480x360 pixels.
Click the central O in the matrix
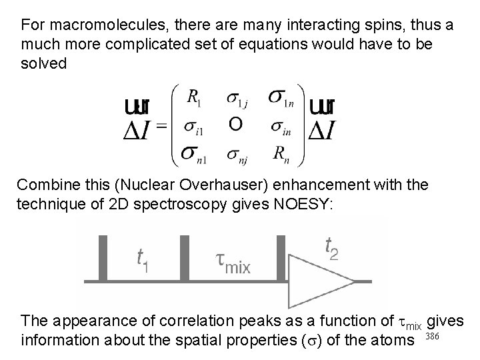(235, 124)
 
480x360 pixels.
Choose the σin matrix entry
(281, 127)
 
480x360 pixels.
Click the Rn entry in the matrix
(281, 153)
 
